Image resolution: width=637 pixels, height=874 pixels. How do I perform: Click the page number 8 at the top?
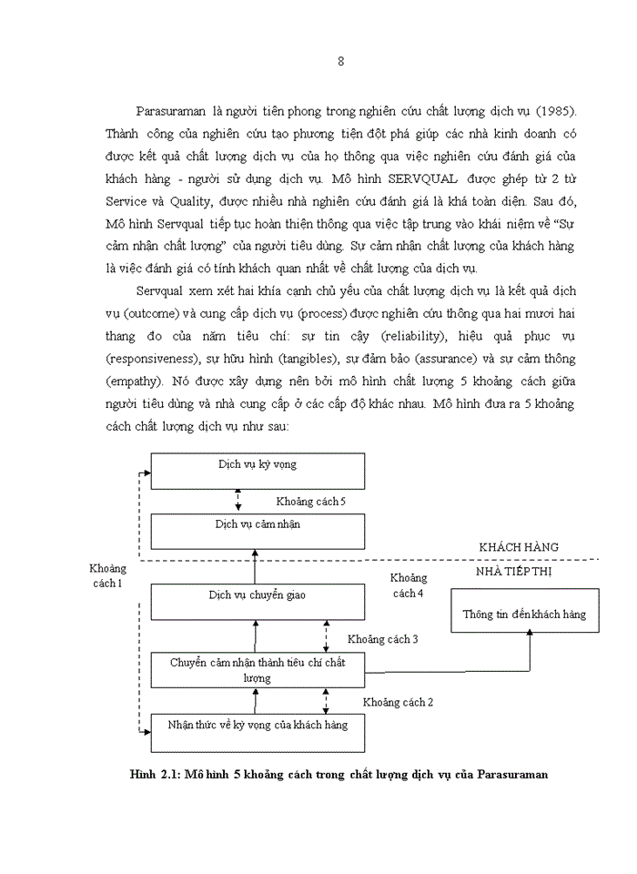coord(340,62)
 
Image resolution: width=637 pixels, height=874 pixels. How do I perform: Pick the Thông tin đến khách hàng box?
coord(524,615)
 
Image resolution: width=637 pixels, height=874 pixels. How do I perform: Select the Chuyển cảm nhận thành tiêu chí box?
coord(258,670)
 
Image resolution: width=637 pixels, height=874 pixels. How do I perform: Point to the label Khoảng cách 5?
coord(311,502)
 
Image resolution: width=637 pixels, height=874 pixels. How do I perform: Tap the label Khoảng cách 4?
coord(408,585)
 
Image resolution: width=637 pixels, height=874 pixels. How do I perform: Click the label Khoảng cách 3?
coord(382,639)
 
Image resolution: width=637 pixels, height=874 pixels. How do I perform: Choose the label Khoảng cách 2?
coord(398,702)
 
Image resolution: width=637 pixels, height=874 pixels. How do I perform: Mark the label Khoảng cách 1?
coord(107,575)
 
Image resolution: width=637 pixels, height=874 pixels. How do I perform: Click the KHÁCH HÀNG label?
coord(519,547)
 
